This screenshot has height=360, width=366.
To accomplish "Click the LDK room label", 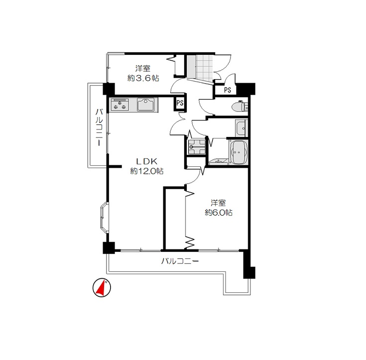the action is coord(146,161).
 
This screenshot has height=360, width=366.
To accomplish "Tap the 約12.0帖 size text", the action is coord(146,171).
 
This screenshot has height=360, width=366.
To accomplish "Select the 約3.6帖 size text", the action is coord(143,78).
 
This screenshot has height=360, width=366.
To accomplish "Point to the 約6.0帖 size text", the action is coord(219,213).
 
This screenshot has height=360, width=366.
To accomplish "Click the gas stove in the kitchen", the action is coord(120,105).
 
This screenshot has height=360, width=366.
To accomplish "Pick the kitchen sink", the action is coord(146,105).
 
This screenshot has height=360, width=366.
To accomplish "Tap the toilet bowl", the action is coord(240,107).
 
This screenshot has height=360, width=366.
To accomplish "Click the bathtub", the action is coord(239,152).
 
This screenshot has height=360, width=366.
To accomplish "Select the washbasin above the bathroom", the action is coord(241,128).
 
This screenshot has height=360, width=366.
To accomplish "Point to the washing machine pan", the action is coord(197,147).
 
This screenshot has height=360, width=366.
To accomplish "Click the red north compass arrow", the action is coord(101,288).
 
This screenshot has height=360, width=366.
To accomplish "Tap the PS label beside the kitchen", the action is coord(180,103).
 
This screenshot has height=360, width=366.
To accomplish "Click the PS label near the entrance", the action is coord(228,90).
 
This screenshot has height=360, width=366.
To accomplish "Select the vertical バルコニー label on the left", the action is coord(99,127).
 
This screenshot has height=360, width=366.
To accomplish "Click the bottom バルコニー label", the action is coord(180,261).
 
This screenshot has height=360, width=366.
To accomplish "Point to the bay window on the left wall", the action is coord(104,218).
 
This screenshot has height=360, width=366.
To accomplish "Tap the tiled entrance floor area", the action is coord(205,67).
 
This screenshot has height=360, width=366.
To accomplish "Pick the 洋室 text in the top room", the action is coord(143,68).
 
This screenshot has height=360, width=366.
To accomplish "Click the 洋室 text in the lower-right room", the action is coord(219,203).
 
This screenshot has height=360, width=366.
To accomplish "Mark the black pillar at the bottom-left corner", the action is coord(109,248).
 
